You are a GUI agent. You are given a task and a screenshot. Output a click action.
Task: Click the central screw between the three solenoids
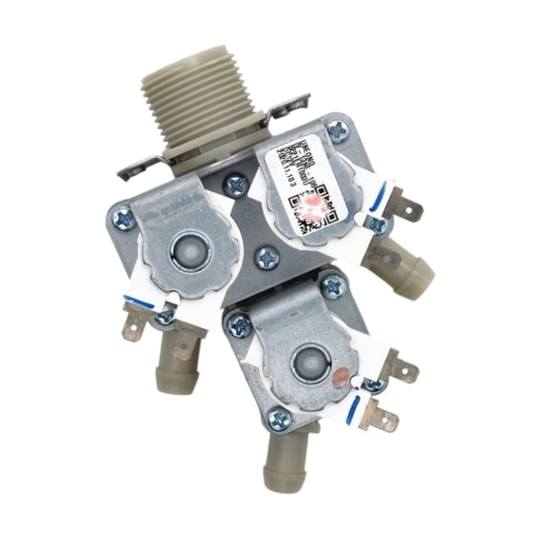267,256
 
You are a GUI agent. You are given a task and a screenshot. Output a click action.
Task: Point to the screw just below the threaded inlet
235,181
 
